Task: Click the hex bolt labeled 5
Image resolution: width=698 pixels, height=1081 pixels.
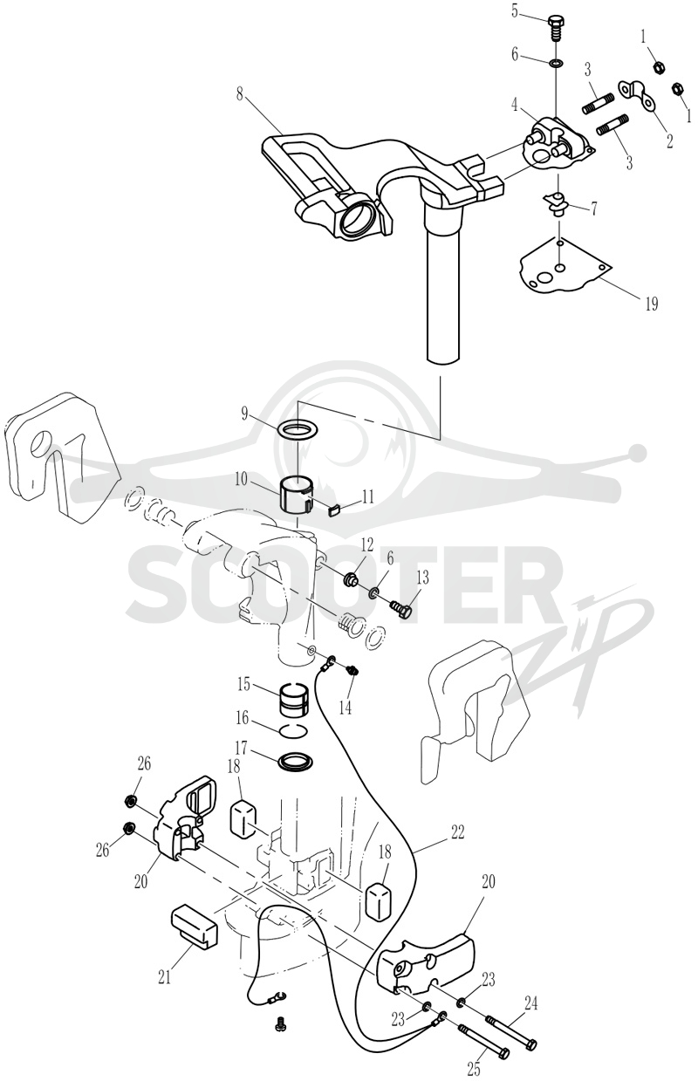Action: click(x=556, y=29)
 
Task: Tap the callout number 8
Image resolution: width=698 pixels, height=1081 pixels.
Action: click(x=240, y=94)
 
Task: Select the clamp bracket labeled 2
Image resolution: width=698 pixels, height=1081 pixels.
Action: click(x=636, y=93)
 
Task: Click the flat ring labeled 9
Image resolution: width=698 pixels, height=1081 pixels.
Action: click(x=297, y=428)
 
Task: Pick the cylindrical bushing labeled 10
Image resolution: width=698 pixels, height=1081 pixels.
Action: click(x=297, y=492)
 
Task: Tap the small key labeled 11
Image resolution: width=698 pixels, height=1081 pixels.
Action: click(x=334, y=510)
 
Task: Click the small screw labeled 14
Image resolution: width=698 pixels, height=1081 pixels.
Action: click(x=353, y=670)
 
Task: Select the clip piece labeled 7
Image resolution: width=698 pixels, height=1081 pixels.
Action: click(x=556, y=203)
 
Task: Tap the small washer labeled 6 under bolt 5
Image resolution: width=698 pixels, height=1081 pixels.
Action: click(x=556, y=63)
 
